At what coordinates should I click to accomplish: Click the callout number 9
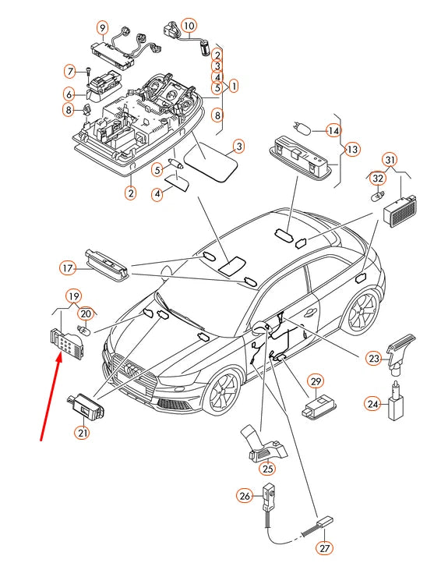point(103,28)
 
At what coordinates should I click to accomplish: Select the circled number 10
point(189,26)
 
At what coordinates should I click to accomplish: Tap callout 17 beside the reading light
point(68,268)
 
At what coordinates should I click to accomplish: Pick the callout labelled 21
point(83,433)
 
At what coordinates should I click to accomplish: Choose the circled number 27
point(324,548)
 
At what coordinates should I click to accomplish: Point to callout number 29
point(316,381)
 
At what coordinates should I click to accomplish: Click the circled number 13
point(352,150)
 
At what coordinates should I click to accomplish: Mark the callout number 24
point(372,404)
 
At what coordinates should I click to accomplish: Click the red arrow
point(50,398)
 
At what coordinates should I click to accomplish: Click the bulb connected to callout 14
point(302,129)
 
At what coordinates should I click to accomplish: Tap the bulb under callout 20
point(83,331)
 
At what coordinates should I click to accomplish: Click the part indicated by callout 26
point(270,499)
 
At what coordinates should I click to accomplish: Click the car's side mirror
point(260,328)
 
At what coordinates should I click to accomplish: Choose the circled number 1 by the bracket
point(234,86)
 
